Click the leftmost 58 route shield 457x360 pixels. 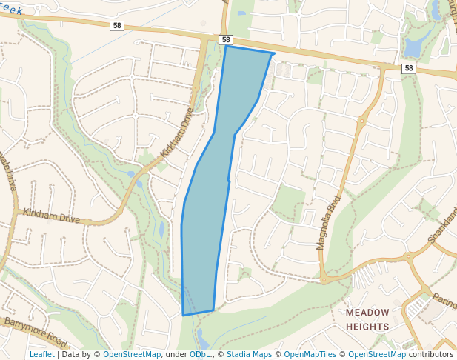(117, 25)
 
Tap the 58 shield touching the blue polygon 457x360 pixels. (226, 40)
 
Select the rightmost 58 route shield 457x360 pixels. (409, 68)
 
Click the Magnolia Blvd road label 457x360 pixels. (331, 221)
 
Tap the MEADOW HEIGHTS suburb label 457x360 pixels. (367, 319)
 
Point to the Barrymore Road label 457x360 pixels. (36, 333)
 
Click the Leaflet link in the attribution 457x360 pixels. (41, 354)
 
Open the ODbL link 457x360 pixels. (199, 354)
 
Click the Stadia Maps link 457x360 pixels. (249, 354)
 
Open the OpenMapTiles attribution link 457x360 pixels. (310, 354)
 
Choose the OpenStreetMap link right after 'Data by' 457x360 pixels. (132, 354)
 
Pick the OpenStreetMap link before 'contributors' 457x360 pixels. (377, 354)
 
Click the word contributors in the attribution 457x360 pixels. (431, 354)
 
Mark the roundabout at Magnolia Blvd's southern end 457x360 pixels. (324, 280)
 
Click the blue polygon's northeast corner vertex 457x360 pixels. (274, 54)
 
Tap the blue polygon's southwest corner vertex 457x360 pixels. (183, 316)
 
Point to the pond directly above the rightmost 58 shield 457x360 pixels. (412, 47)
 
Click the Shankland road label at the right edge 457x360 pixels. (442, 226)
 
